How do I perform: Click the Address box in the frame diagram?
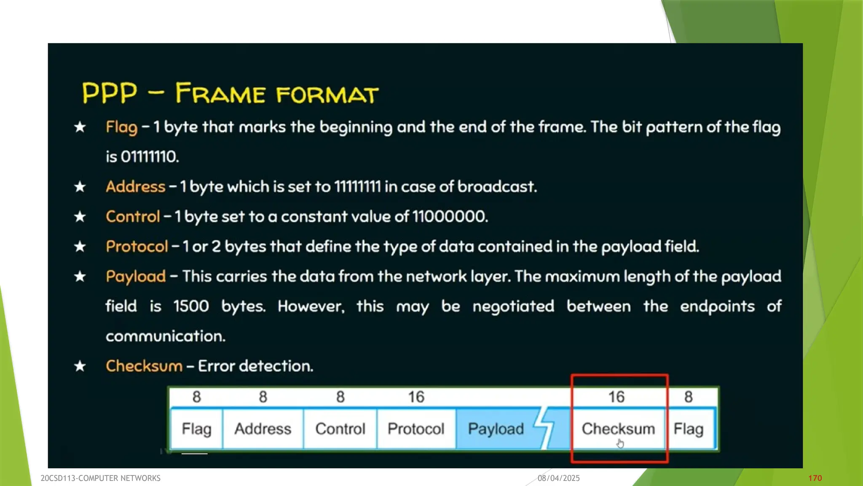(263, 429)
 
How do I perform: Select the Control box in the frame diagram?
(340, 429)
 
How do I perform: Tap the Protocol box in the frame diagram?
(416, 429)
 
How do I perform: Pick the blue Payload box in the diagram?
(496, 429)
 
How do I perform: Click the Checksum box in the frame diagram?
(618, 429)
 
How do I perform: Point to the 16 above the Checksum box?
(616, 397)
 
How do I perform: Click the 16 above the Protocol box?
(416, 397)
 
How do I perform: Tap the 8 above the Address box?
(263, 397)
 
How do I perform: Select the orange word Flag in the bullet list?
(121, 127)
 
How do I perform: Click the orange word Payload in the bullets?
(136, 276)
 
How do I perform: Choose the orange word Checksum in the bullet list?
(144, 366)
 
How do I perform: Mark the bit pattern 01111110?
(150, 157)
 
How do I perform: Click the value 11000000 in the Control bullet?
(449, 216)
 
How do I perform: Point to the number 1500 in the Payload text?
(191, 306)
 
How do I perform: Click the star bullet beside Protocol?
(80, 246)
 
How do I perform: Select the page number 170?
(815, 478)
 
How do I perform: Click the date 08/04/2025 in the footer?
(558, 478)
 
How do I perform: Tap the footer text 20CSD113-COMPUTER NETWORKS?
(100, 478)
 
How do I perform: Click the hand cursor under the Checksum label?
(620, 443)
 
